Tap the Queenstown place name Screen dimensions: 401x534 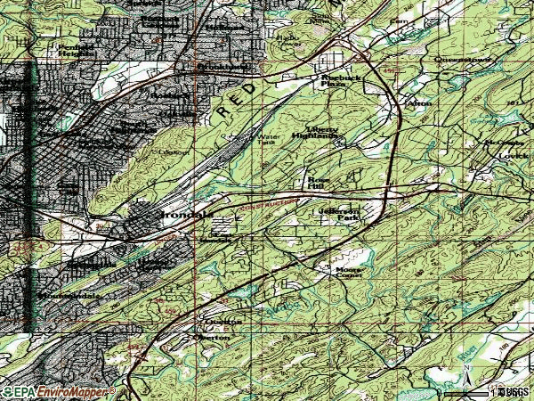click(x=457, y=59)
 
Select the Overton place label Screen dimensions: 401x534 click(x=214, y=339)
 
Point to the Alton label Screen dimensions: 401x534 click(x=419, y=102)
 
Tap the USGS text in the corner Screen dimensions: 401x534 click(x=514, y=391)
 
